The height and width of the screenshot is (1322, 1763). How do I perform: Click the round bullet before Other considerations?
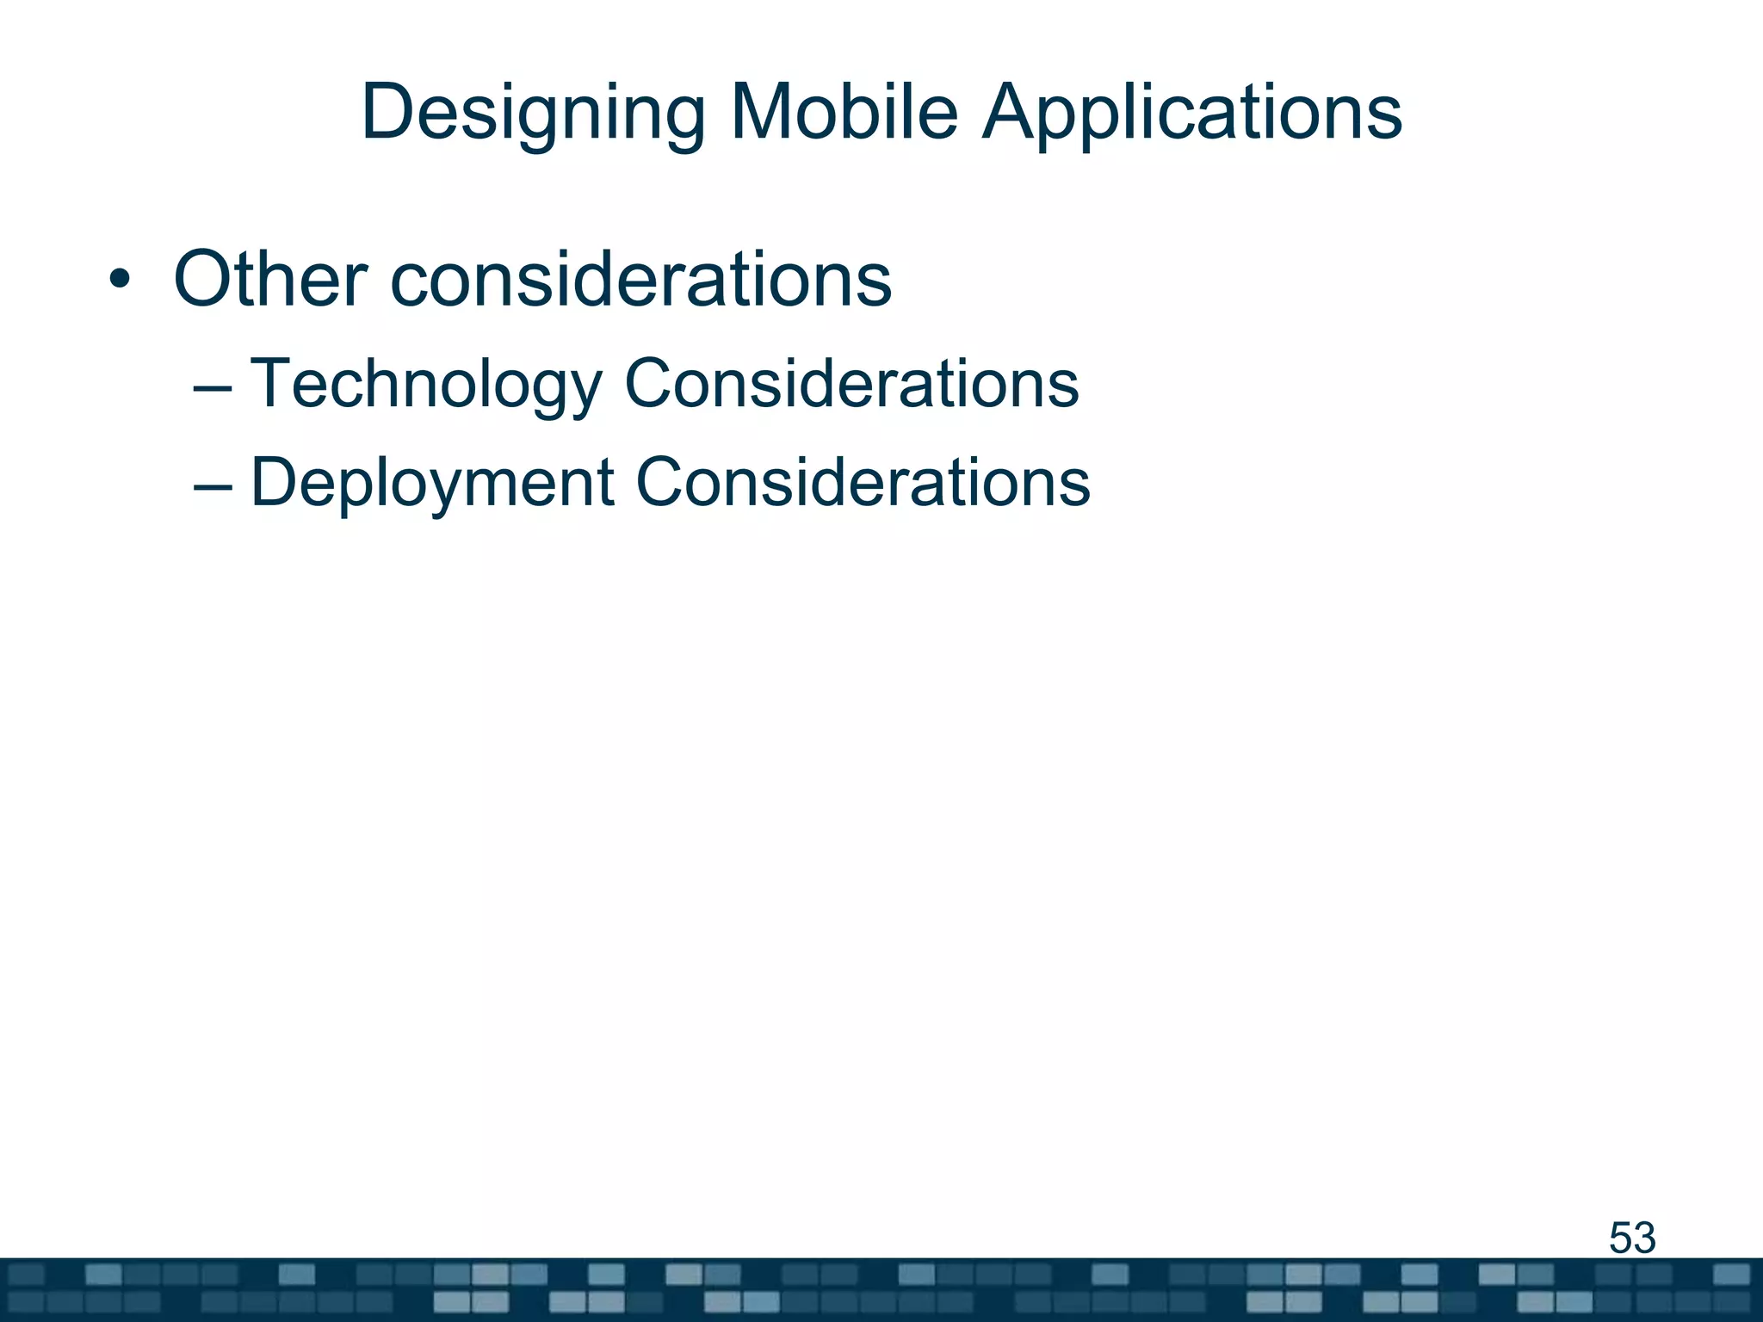[120, 281]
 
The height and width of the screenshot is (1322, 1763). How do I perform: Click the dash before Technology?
[213, 387]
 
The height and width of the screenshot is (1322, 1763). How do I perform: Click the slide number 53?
[1632, 1238]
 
